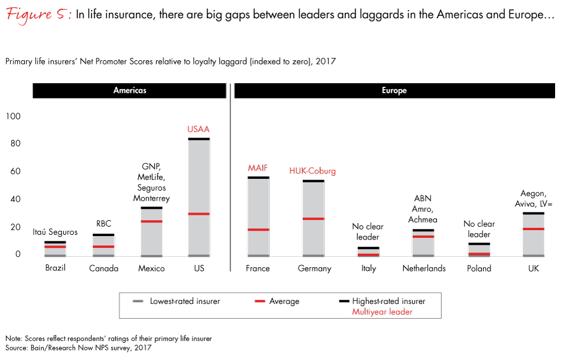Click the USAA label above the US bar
(x=198, y=129)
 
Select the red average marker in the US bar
(x=198, y=214)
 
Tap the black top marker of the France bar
(x=258, y=178)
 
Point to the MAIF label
(x=258, y=168)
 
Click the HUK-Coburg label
(x=312, y=171)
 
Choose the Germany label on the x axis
(x=315, y=269)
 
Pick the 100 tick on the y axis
(x=14, y=116)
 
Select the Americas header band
(x=129, y=91)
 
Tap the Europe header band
(x=394, y=91)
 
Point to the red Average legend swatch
(x=259, y=302)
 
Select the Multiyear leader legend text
(x=382, y=312)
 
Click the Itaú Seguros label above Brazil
(x=55, y=233)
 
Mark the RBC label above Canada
(x=104, y=224)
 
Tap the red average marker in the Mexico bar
(x=151, y=221)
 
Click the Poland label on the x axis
(x=479, y=269)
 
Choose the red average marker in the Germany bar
(x=313, y=219)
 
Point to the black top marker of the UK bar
(x=533, y=213)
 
